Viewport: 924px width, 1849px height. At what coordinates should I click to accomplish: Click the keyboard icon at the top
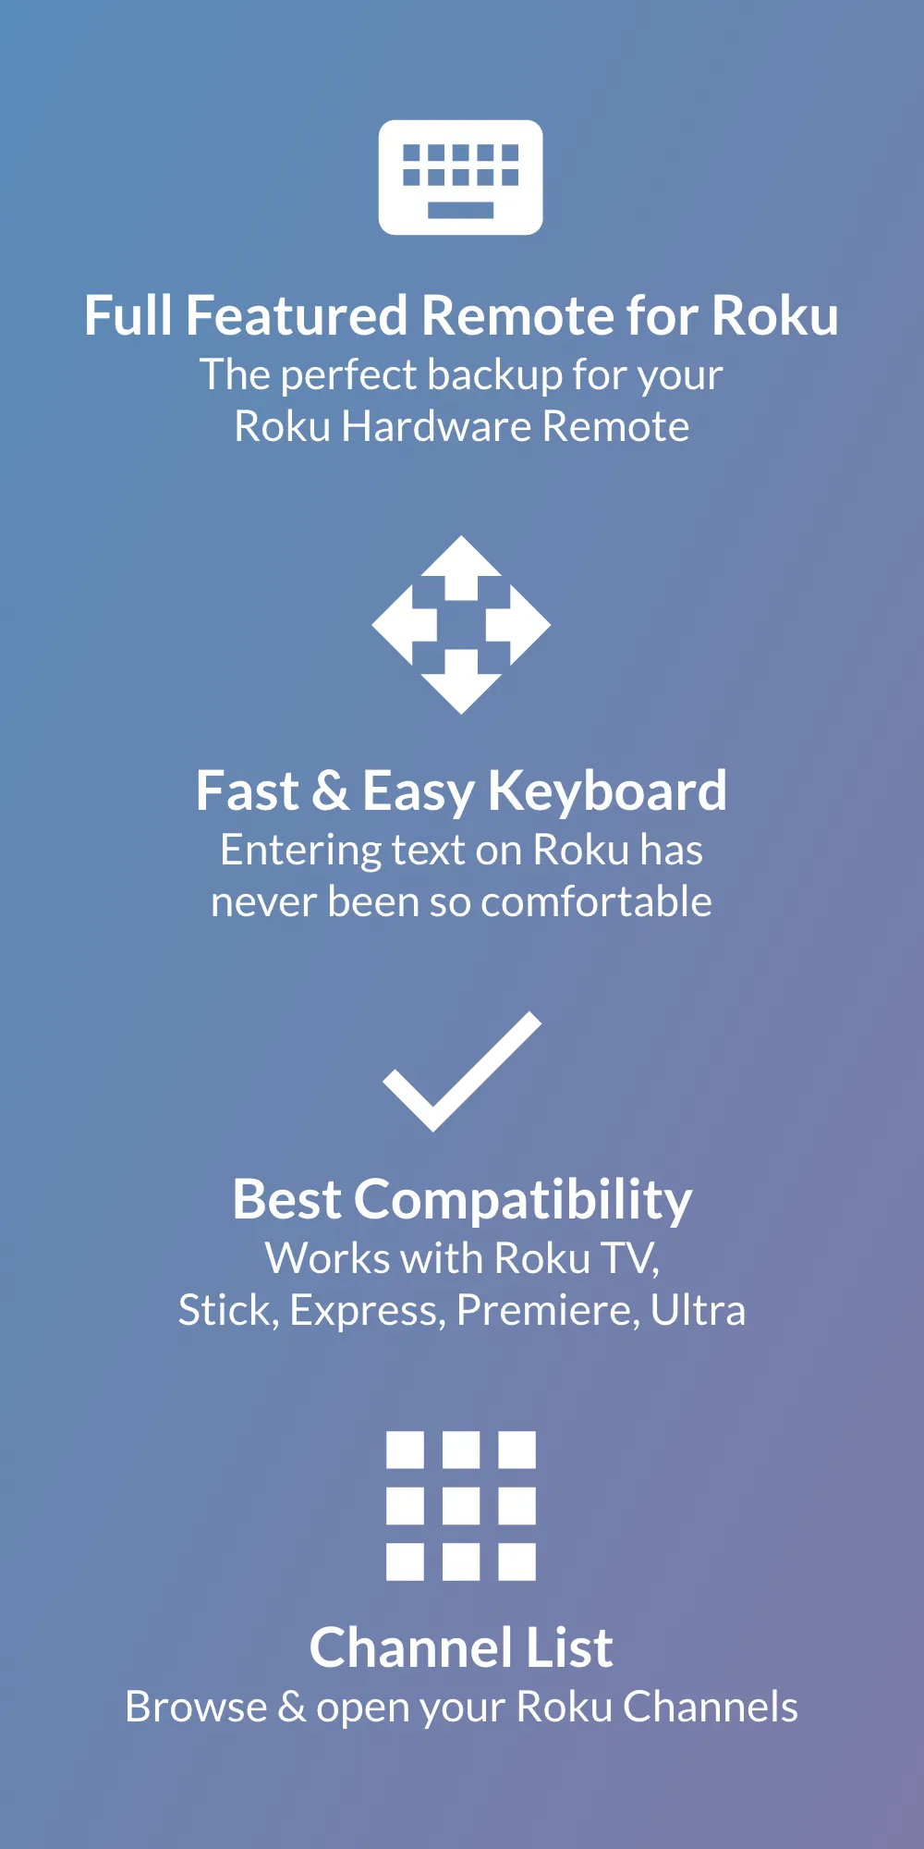pos(460,177)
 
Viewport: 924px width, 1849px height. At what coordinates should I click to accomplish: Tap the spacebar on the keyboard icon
pos(460,210)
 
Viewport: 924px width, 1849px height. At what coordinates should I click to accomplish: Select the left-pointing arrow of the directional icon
pos(400,625)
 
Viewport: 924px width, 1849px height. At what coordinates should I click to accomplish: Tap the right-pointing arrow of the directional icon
pos(522,625)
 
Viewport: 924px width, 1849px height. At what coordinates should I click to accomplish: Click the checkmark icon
pos(461,1072)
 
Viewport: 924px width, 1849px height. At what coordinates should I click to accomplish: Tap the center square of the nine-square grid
pos(461,1506)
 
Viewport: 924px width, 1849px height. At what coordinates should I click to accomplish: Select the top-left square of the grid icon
pos(405,1450)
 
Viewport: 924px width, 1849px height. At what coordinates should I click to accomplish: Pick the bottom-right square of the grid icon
pos(517,1562)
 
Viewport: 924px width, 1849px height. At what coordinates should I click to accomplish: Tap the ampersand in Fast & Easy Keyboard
pos(330,792)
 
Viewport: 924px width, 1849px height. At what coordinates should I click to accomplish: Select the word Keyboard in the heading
pos(607,792)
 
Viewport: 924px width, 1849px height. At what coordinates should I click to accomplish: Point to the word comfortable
pos(596,902)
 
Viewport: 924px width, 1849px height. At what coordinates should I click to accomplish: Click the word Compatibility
pos(523,1201)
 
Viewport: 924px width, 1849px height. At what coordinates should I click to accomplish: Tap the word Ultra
pos(698,1311)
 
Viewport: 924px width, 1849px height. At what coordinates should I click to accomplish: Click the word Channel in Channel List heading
pos(410,1648)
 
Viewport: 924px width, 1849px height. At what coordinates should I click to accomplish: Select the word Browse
pos(196,1708)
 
